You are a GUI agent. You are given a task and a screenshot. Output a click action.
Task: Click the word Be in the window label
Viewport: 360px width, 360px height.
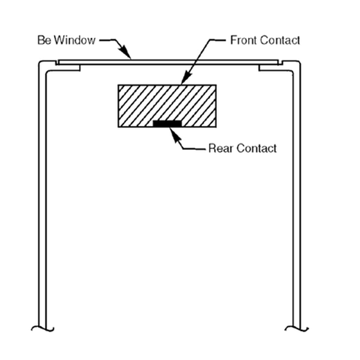[44, 40]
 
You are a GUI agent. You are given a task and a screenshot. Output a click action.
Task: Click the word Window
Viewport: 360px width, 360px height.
[75, 40]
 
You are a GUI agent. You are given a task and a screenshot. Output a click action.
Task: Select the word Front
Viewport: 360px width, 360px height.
[244, 40]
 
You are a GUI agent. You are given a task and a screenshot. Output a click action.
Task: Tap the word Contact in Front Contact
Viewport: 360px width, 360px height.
[280, 40]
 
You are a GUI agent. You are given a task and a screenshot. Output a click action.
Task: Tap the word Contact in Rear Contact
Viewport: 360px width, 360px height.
[256, 148]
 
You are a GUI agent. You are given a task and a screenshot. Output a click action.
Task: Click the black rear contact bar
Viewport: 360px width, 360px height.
[167, 123]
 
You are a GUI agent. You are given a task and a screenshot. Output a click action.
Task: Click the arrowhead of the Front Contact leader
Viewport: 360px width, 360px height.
[186, 78]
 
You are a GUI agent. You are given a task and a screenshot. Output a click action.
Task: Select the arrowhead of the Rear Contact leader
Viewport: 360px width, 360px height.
[174, 134]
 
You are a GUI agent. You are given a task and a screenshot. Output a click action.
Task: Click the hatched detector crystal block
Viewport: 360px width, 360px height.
[167, 106]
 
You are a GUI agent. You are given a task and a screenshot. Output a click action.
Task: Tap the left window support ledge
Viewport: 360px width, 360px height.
[68, 67]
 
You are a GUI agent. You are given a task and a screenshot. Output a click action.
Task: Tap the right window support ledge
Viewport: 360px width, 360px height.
[271, 67]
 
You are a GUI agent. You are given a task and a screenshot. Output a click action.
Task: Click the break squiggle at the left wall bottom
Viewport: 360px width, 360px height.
[42, 328]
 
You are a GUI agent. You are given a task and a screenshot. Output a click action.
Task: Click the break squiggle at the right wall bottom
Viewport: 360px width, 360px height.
[296, 328]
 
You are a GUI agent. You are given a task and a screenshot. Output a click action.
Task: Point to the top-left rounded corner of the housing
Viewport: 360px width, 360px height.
[40, 63]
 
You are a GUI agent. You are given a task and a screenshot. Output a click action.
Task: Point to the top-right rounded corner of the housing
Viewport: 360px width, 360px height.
[298, 63]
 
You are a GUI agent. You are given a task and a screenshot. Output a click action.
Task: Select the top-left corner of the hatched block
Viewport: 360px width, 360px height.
[118, 85]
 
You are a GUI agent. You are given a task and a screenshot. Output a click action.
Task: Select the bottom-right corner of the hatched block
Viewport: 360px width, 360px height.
[216, 127]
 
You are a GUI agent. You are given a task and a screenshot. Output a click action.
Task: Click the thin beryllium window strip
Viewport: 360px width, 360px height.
[168, 62]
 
